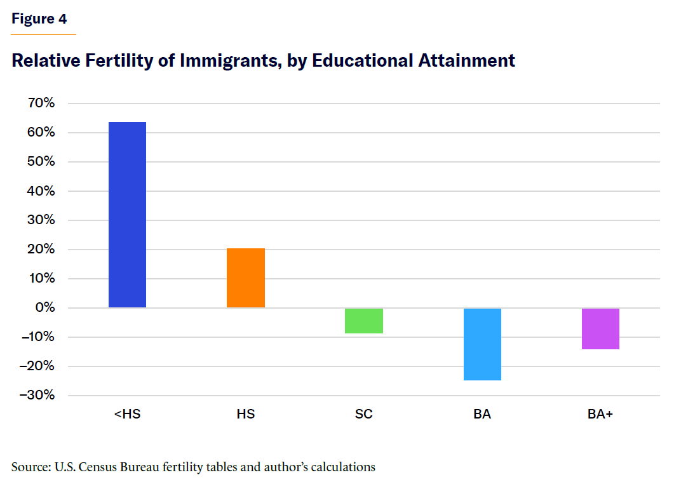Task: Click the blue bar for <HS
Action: tap(127, 215)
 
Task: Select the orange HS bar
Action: tap(246, 278)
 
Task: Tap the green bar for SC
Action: tap(364, 321)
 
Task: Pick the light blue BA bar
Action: tap(482, 344)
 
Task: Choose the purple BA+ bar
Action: tap(600, 328)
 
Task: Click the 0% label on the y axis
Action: tap(45, 308)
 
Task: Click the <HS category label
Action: tap(127, 414)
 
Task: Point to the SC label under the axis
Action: tap(364, 414)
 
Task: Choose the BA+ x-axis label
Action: tap(600, 414)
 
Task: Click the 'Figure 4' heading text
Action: tap(39, 19)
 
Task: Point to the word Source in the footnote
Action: tap(29, 467)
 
